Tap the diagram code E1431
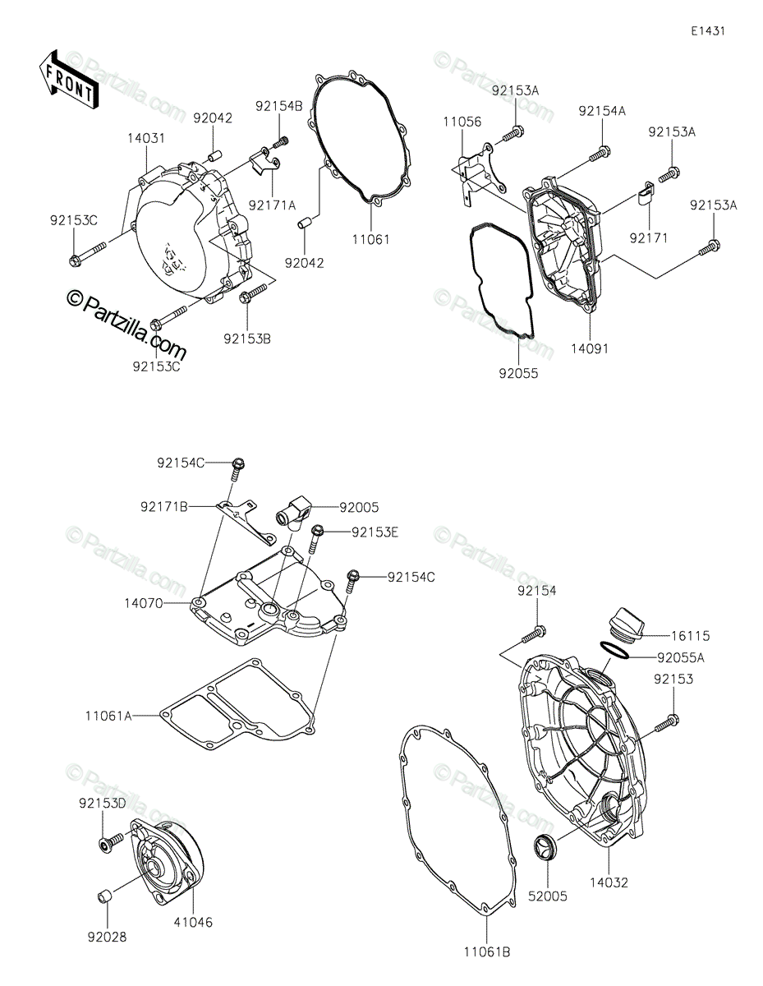(x=708, y=31)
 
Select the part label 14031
(x=146, y=138)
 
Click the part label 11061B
(x=487, y=952)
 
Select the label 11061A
(x=108, y=716)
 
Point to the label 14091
(x=590, y=348)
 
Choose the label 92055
(x=518, y=373)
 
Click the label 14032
(x=609, y=882)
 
